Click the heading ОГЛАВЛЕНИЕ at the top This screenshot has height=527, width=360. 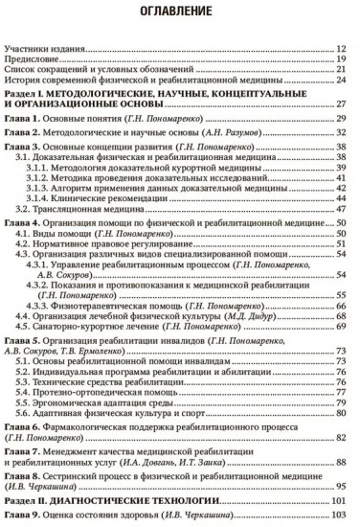(180, 13)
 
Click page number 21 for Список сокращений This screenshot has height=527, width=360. (341, 70)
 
